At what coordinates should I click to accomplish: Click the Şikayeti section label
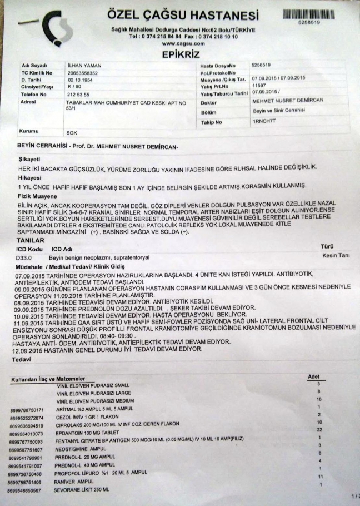29,159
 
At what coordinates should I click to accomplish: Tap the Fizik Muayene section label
37,196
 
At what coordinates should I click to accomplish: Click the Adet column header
314,377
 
